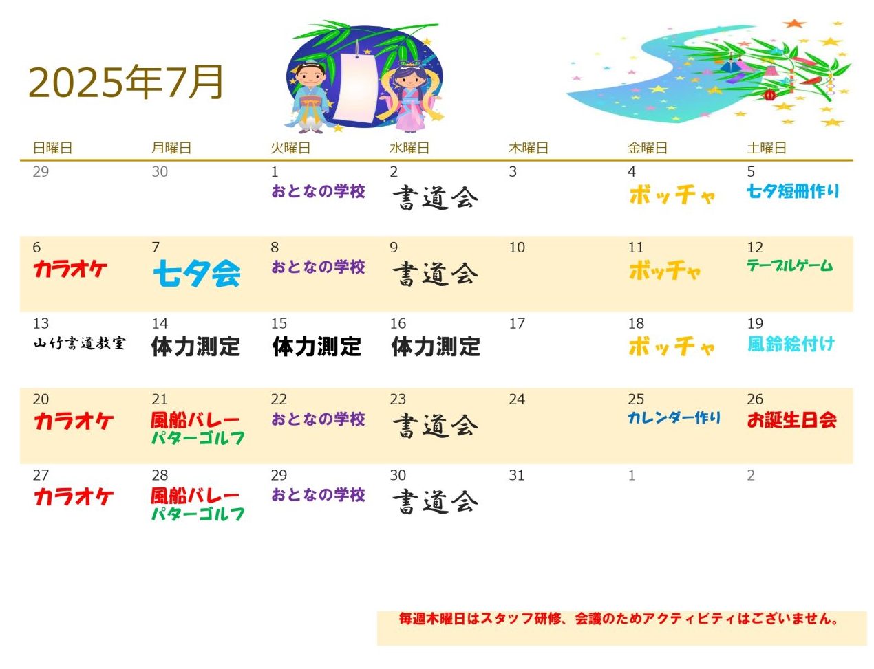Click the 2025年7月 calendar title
125,82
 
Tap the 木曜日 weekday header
528,148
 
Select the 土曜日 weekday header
766,148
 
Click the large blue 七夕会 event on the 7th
197,273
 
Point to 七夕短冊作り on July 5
792,191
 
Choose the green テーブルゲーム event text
789,265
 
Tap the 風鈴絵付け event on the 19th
790,344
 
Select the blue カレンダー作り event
674,418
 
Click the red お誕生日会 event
791,419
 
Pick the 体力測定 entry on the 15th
316,347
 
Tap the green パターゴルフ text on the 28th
198,514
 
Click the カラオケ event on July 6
70,269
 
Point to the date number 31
516,475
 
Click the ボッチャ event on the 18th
671,346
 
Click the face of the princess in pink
409,79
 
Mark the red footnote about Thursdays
619,618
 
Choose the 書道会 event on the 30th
435,501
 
